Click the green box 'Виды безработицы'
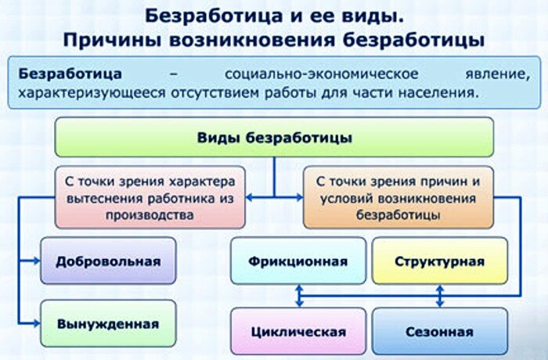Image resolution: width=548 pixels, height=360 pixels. tap(274, 138)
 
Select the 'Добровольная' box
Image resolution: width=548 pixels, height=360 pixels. tap(108, 261)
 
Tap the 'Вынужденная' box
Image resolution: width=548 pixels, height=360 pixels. tap(108, 322)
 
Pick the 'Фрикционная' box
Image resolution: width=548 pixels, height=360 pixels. tap(298, 261)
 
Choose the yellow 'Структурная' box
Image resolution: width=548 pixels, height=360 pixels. tap(439, 261)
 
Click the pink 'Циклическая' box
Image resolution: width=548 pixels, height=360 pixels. tap(298, 331)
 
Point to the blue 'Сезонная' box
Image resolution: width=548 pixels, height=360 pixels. tap(439, 331)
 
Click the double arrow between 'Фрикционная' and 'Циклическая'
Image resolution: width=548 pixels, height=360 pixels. tap(298, 295)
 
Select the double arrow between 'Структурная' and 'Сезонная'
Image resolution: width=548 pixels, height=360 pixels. tap(439, 295)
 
